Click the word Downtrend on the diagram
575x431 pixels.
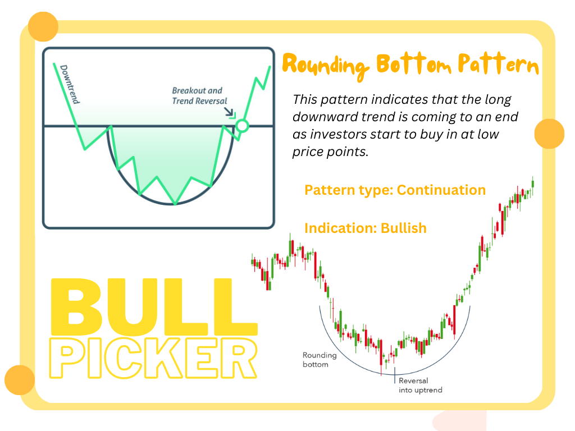click(70, 84)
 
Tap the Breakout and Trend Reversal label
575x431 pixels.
click(199, 95)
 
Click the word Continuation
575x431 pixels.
click(441, 190)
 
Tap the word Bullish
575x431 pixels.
click(404, 228)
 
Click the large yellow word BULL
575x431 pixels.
click(154, 307)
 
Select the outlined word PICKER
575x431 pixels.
click(153, 358)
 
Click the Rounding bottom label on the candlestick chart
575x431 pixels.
click(319, 360)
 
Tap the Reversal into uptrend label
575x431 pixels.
click(420, 385)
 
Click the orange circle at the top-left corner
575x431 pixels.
click(43, 26)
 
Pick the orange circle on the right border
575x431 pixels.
click(549, 134)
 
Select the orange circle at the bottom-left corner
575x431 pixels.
click(20, 380)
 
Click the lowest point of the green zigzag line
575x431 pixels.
click(175, 204)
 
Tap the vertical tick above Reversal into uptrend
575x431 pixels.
click(395, 375)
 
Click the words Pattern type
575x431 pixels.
click(349, 190)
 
